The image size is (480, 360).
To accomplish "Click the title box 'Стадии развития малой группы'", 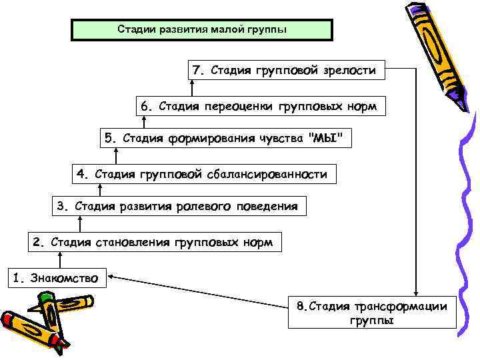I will pos(201,30).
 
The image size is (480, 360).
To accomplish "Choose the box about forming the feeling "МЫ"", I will pos(225,139).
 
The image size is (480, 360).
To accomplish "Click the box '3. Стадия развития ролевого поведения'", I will pos(179,206).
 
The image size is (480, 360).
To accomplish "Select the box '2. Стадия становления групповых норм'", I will pos(154,242).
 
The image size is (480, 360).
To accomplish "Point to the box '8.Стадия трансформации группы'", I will pos(372,312).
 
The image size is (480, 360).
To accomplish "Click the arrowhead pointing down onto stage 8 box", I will pos(417,291).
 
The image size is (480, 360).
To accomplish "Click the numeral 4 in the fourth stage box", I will pos(81,175).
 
